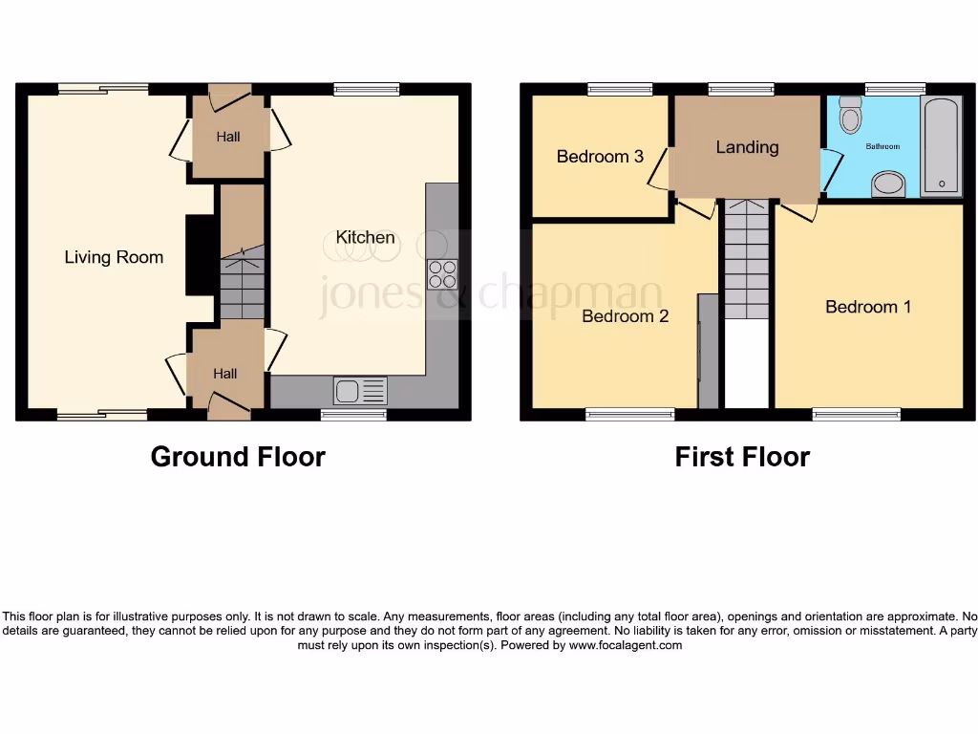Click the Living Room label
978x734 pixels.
[114, 257]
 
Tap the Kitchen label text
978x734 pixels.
[365, 237]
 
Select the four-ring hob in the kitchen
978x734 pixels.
[442, 274]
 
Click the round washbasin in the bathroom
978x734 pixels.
[889, 183]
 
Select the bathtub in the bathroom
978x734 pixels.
[941, 146]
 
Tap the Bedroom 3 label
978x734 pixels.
[600, 156]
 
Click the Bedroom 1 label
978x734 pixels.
[868, 307]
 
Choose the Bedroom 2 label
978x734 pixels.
[626, 316]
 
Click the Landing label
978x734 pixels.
[747, 147]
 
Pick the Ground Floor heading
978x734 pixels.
[238, 457]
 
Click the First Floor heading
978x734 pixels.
[742, 457]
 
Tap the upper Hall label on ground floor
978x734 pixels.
[227, 137]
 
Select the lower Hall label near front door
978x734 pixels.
[225, 374]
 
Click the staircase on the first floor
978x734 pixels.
[746, 259]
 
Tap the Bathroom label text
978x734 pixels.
[882, 146]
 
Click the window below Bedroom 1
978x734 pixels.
[856, 414]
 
